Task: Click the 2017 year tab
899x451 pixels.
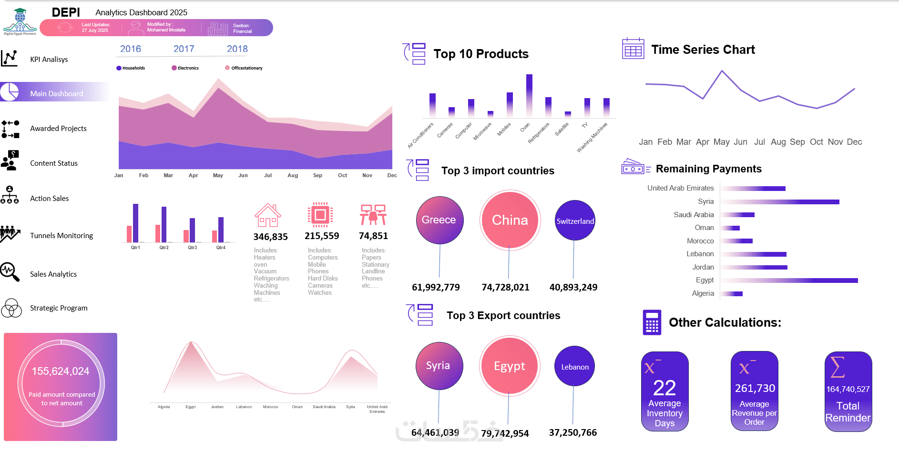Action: (184, 49)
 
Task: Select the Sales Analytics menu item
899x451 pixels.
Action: (53, 274)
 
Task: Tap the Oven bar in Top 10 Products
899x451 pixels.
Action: (529, 96)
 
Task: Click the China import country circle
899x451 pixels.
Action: (510, 220)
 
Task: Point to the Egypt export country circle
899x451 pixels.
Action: (509, 366)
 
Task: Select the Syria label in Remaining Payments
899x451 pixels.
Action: (705, 201)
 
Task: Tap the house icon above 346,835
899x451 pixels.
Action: (268, 215)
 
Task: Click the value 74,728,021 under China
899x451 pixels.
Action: (505, 287)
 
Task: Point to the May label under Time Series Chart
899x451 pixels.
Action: (721, 142)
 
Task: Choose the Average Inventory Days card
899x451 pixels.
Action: (664, 391)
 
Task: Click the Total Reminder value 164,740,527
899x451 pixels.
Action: (848, 389)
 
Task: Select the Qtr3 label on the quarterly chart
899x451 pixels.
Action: (192, 248)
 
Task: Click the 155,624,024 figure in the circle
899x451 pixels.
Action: (61, 371)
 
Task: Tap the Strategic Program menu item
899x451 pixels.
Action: (58, 308)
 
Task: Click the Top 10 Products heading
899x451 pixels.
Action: (480, 54)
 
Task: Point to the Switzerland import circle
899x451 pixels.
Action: (575, 220)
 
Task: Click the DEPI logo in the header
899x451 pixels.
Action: (20, 21)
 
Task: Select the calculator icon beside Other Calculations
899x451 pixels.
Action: (652, 322)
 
